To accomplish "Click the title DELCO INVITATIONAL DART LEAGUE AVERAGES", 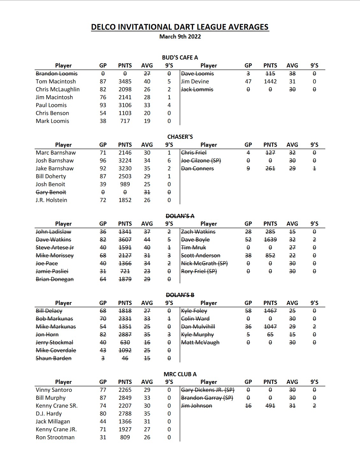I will pos(180,27).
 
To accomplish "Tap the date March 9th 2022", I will pos(180,37).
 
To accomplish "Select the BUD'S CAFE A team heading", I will pos(180,58).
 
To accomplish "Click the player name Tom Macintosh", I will pos(56,81).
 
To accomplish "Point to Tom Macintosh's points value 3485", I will pos(125,81).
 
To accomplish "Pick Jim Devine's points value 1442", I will pos(270,81).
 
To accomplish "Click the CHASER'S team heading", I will pos(180,137).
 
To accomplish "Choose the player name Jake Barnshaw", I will pos(54,168).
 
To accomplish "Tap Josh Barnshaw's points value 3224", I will pos(125,160).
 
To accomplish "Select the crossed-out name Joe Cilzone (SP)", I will pos(201,160).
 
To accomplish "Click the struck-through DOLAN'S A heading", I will pos(180,216).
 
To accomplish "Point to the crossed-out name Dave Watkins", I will pos(54,240).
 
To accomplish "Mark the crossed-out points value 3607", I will pos(125,240).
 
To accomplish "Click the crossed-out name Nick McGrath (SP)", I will pos(204,263).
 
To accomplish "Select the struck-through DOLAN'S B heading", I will pos(180,295).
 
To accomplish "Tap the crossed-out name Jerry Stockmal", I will pos(54,342).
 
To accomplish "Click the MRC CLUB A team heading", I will pos(180,374).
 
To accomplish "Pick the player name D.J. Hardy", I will pos(49,413).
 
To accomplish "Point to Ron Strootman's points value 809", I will pos(125,437).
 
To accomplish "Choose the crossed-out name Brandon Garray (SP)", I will pos(207,398).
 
